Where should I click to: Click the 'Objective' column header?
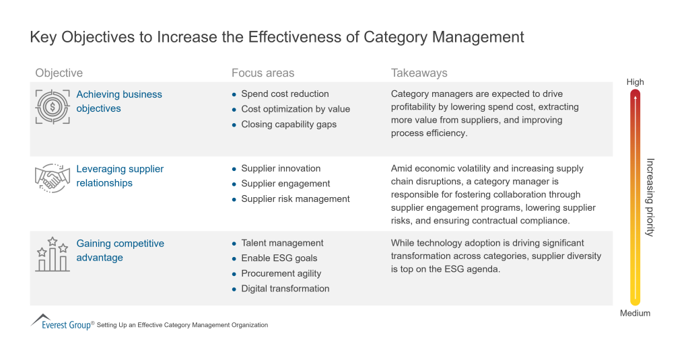coord(59,73)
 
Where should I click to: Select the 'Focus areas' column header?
coord(263,73)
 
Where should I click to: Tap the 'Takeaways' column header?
coord(419,73)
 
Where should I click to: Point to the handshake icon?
coord(52,178)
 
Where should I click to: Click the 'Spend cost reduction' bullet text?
coord(285,94)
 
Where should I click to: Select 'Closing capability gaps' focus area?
coord(289,124)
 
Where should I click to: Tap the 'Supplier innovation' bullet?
coord(281,168)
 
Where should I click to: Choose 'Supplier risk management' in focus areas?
coord(296,199)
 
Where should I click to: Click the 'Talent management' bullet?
coord(282,243)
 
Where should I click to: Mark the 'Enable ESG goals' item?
coord(279,258)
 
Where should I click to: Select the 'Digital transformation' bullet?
coord(285,288)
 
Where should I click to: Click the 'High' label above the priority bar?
coord(635,82)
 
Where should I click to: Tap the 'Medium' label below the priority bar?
coord(635,313)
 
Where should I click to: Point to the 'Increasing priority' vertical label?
coord(650,197)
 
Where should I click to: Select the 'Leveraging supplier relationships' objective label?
coord(120,176)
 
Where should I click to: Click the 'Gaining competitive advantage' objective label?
coord(120,250)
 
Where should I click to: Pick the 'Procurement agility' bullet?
coord(281,273)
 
